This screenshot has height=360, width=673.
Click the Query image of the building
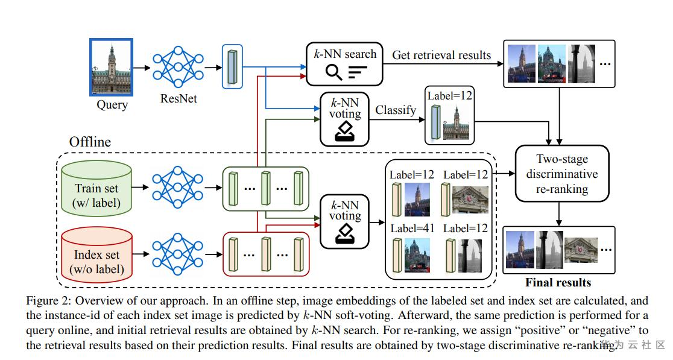[x=111, y=67]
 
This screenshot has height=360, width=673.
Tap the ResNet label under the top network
[x=178, y=98]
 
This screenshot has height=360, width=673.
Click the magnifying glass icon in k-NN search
[x=333, y=72]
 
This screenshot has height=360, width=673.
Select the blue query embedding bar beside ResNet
[x=232, y=66]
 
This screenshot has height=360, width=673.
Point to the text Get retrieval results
[x=441, y=55]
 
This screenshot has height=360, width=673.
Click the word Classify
[x=396, y=110]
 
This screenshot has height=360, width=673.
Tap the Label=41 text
[x=412, y=229]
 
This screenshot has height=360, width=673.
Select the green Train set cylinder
[x=97, y=187]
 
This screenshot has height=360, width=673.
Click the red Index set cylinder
[x=97, y=254]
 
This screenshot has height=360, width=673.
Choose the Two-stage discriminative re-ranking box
[x=562, y=174]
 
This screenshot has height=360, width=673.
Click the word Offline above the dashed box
[x=90, y=142]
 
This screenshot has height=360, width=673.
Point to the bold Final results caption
[x=558, y=282]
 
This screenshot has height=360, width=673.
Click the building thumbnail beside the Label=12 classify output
[x=456, y=124]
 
